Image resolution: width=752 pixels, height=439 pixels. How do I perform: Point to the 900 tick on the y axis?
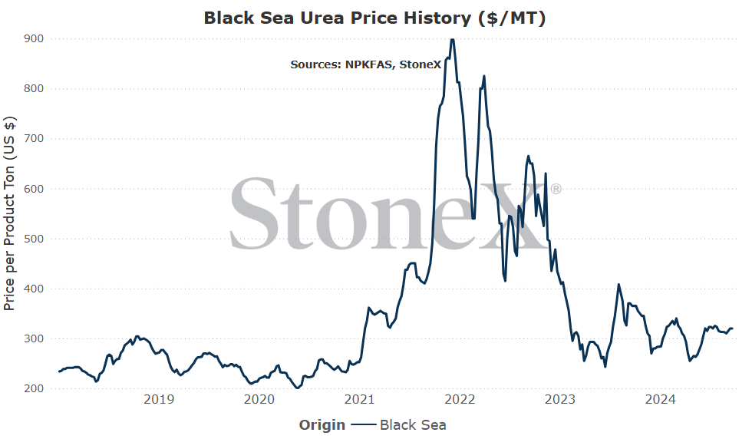pos(34,38)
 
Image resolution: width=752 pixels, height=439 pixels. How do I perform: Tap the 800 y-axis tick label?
pos(34,88)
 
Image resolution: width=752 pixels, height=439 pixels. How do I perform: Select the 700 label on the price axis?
pos(34,138)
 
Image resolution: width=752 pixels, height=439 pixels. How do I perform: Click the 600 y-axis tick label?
pos(34,189)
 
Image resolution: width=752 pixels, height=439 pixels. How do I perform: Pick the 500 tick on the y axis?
pos(34,239)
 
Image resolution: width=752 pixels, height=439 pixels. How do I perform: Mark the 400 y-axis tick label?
pos(34,289)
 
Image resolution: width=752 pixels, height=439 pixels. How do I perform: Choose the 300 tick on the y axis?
pos(34,338)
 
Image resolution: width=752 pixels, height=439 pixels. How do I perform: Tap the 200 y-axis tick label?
pos(34,388)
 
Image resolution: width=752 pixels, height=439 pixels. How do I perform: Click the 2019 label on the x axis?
pos(159,399)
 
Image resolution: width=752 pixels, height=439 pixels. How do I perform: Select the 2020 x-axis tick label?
pos(259,399)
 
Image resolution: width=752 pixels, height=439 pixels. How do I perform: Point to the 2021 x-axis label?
pos(359,399)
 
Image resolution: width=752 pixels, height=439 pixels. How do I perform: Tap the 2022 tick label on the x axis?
pos(460,399)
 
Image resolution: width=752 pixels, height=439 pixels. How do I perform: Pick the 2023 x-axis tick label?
pos(559,399)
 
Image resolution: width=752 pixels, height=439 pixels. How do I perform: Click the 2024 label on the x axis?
pos(660,399)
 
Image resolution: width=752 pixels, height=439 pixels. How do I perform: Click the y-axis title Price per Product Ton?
pos(9,213)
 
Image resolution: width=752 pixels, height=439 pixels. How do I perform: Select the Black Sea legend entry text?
pos(413,425)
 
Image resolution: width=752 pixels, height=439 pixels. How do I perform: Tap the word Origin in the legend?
pos(322,425)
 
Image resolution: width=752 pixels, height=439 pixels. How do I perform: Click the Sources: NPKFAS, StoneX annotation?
pos(365,64)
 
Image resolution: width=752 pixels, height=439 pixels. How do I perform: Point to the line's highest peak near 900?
pos(452,39)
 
